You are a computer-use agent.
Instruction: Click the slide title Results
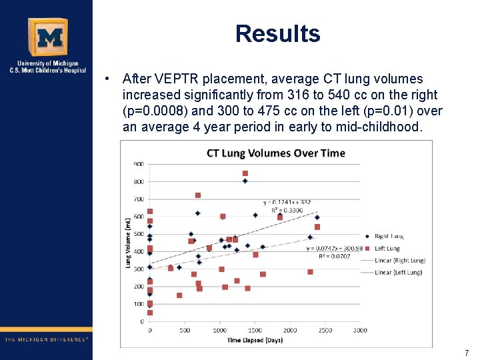pos(277,33)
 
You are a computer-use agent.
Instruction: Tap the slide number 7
pos(467,353)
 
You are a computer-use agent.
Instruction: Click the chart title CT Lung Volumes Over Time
pos(275,153)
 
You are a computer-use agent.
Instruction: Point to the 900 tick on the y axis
pos(139,164)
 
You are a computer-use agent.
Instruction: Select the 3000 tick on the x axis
pos(360,330)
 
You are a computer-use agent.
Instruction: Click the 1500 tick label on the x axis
pos(255,330)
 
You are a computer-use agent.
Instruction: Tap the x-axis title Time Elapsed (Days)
pos(255,340)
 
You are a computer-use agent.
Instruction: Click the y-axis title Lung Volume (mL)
pos(128,243)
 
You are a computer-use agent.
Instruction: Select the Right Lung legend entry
pos(389,236)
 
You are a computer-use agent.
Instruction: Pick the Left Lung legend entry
pos(387,248)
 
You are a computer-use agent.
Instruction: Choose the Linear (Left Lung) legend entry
pos(397,272)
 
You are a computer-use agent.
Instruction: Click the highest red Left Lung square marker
pos(245,173)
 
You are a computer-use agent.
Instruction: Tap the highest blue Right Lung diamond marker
pos(245,181)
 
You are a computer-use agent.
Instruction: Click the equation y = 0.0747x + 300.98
pos(334,248)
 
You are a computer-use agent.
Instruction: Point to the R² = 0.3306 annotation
pos(287,210)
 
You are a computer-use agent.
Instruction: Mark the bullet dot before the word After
pos(107,79)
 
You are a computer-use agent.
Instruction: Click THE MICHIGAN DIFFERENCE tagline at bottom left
pos(47,339)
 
